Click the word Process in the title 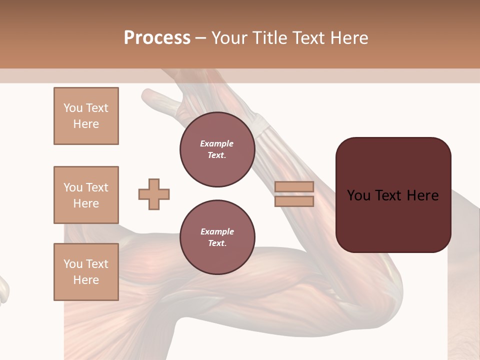point(157,38)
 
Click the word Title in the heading point(268,38)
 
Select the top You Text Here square point(86,116)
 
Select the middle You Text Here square point(86,195)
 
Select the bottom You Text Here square point(86,272)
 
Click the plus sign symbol point(154,194)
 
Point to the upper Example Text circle point(217,149)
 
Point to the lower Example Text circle point(217,237)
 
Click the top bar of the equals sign point(294,187)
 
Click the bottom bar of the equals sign point(294,201)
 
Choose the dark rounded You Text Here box point(393,195)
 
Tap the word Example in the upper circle point(217,144)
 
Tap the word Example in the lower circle point(217,231)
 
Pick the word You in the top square point(73,108)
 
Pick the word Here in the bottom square point(86,280)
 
